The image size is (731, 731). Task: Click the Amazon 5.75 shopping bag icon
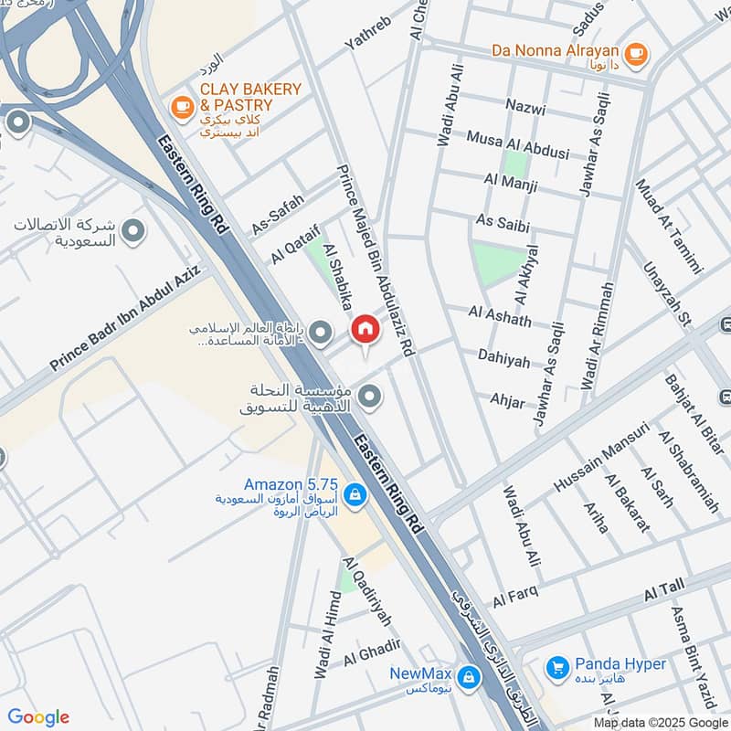[355, 496]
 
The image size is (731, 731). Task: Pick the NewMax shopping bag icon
[469, 675]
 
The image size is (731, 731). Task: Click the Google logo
[38, 716]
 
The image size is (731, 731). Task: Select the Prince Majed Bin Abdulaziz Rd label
[376, 259]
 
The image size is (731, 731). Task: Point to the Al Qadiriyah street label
[367, 591]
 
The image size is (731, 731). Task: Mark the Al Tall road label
[663, 591]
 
